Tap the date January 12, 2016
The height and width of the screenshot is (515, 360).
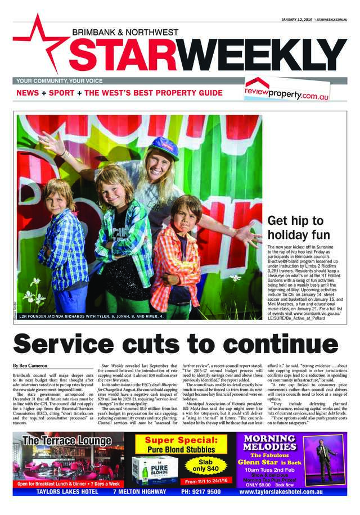pyautogui.click(x=297, y=19)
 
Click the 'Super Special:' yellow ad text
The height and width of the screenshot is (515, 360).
pyautogui.click(x=178, y=439)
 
